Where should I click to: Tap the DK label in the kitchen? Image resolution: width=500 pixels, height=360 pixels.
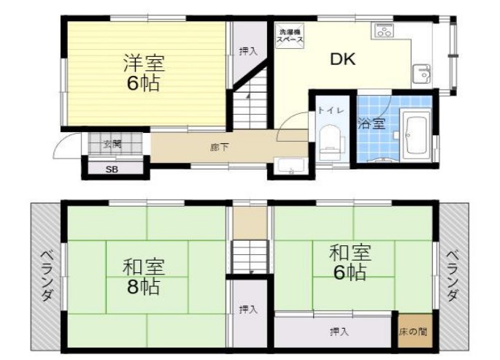click(x=342, y=60)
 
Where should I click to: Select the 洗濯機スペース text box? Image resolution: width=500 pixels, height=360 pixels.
click(x=289, y=37)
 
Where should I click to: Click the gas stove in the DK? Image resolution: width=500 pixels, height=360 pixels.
click(x=384, y=31)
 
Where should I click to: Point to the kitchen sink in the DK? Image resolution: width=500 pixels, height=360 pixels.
click(x=422, y=74)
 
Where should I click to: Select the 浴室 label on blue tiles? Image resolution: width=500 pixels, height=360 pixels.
click(x=372, y=123)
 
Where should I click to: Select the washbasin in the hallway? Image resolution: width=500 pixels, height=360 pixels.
click(x=291, y=166)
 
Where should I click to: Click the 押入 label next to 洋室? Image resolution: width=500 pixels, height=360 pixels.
click(x=248, y=51)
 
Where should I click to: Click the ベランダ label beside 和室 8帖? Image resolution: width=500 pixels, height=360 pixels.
click(x=46, y=275)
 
